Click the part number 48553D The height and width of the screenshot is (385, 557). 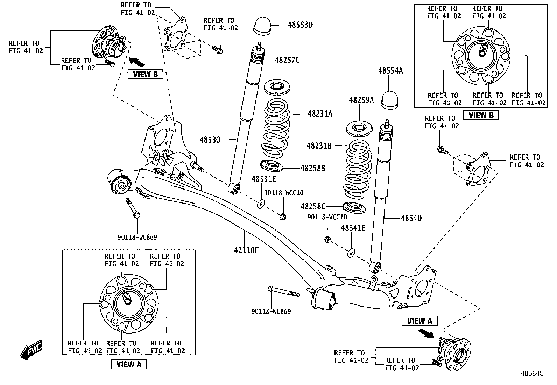click(x=300, y=25)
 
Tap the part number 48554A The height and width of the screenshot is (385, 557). click(x=390, y=71)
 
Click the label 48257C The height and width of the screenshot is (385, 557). click(x=287, y=60)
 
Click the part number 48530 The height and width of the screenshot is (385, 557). click(x=210, y=140)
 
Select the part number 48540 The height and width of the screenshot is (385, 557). click(x=411, y=218)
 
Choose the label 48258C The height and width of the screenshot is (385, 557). click(x=313, y=207)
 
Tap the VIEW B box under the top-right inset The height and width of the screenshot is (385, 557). click(x=480, y=115)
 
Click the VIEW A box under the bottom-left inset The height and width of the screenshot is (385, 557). click(x=129, y=364)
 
